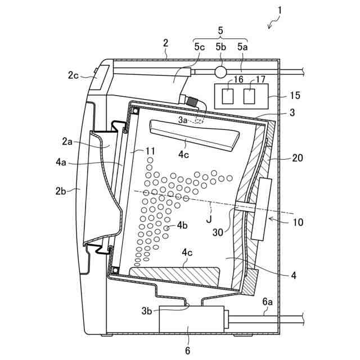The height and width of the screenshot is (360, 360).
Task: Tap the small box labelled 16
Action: (228, 96)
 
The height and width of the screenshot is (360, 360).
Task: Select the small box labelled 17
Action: (249, 96)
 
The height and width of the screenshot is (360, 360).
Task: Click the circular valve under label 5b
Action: (219, 72)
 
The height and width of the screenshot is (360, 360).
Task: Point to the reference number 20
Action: (297, 159)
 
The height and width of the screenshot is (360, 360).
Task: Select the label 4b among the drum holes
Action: (182, 226)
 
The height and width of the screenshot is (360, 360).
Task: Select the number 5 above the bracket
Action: (220, 30)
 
